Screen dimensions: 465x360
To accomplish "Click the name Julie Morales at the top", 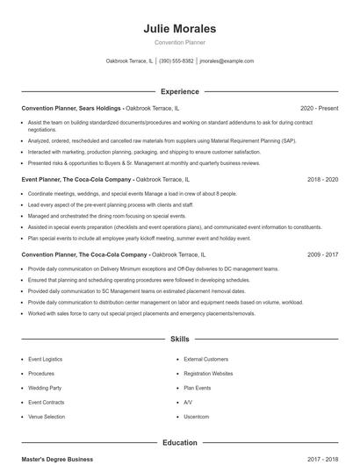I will (179, 28).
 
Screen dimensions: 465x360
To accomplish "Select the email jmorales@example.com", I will (227, 61).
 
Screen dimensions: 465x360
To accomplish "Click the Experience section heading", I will (179, 91).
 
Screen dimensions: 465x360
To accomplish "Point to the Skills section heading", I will (179, 338).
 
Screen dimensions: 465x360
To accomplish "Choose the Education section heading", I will (179, 443).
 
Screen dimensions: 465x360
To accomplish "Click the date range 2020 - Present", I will (319, 108).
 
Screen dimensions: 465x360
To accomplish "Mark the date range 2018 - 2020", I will (322, 179).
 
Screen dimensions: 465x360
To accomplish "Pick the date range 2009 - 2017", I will (322, 254).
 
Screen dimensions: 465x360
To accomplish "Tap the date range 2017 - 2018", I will (322, 459).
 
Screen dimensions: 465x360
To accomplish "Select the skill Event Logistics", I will (46, 359).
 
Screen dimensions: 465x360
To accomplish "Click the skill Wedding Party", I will (45, 387).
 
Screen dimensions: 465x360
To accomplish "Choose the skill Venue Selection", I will (47, 415).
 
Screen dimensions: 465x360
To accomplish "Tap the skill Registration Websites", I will (208, 373).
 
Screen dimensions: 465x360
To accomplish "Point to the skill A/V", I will (188, 401).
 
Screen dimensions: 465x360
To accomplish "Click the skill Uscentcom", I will (197, 415).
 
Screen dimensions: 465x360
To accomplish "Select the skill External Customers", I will (205, 359).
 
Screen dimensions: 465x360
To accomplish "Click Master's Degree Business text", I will (57, 459).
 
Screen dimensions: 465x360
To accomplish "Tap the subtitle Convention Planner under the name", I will (179, 42).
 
